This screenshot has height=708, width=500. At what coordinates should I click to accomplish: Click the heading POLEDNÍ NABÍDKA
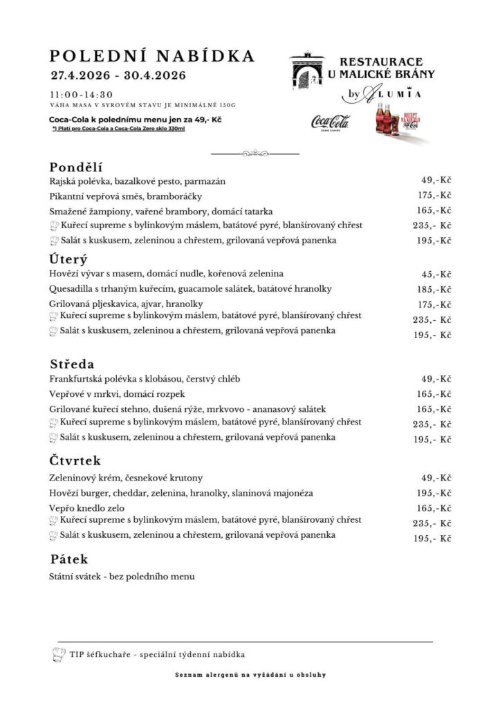tap(152, 56)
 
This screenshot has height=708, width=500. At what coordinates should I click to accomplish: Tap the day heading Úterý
tap(68, 260)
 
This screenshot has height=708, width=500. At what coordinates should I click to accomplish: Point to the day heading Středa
tap(72, 364)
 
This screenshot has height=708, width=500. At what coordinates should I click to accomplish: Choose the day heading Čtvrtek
tap(76, 460)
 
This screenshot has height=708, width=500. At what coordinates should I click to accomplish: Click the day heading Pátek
tap(69, 559)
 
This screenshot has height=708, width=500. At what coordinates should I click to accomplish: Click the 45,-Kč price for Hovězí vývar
tap(436, 274)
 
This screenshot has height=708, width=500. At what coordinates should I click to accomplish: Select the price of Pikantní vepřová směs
tap(435, 195)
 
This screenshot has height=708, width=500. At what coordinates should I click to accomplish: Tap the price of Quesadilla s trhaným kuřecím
tap(435, 289)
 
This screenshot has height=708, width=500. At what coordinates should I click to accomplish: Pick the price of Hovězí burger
tap(435, 493)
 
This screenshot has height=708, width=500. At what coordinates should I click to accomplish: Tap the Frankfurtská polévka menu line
tap(145, 379)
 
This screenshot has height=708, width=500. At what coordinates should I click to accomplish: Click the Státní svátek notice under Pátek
tap(122, 576)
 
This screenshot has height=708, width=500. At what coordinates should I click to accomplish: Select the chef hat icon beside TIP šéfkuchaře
tap(58, 653)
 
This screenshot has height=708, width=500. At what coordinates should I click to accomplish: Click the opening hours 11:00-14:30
tap(81, 94)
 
